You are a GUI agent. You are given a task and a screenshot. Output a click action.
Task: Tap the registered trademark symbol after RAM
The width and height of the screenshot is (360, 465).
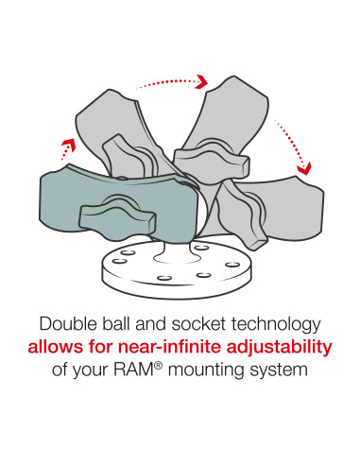158,366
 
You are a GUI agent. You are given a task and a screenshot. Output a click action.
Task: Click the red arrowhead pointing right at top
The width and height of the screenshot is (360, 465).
201,81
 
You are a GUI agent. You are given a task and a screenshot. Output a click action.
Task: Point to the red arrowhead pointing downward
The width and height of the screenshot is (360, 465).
304,168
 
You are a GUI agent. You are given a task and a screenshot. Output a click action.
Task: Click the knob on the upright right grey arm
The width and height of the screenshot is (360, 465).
212,162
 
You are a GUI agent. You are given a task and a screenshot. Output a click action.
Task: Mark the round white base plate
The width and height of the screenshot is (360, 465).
177,267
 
